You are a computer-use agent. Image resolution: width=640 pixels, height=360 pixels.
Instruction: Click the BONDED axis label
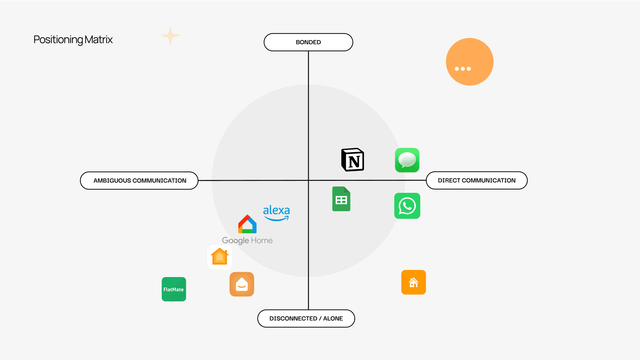(x=308, y=42)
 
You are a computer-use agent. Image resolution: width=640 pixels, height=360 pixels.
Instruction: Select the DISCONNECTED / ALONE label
(x=306, y=318)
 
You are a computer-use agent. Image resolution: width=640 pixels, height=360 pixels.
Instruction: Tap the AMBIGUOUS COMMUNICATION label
(x=139, y=180)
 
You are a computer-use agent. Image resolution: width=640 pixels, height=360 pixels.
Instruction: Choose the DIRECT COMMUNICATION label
(x=476, y=180)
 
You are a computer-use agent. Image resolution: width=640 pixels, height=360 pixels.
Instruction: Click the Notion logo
(x=352, y=160)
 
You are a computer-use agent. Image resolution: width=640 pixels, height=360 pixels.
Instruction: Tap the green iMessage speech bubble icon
(x=407, y=160)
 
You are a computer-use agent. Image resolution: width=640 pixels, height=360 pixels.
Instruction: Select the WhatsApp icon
(x=407, y=206)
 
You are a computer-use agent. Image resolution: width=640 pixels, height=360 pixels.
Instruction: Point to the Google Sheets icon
(x=341, y=199)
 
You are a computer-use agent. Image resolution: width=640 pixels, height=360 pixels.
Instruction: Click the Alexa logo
(x=276, y=213)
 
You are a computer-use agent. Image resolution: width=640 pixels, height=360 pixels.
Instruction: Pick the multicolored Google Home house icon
(x=247, y=224)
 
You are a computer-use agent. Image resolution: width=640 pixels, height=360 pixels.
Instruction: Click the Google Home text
(x=247, y=240)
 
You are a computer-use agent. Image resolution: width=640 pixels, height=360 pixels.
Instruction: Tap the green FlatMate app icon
(x=174, y=289)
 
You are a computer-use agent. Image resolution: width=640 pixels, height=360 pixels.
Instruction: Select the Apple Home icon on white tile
(x=220, y=257)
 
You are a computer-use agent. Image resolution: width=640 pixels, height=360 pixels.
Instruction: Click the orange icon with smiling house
(x=242, y=284)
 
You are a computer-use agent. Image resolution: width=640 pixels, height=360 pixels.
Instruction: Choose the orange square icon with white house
(x=413, y=282)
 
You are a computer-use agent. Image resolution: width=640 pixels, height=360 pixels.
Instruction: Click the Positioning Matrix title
(x=73, y=40)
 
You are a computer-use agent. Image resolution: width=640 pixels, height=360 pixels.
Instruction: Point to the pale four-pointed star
(x=171, y=36)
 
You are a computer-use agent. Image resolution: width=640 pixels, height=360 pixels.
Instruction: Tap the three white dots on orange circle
(x=463, y=69)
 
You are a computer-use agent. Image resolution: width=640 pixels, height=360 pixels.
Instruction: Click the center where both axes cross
(x=309, y=180)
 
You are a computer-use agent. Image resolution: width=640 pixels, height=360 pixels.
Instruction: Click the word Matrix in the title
(x=99, y=40)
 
